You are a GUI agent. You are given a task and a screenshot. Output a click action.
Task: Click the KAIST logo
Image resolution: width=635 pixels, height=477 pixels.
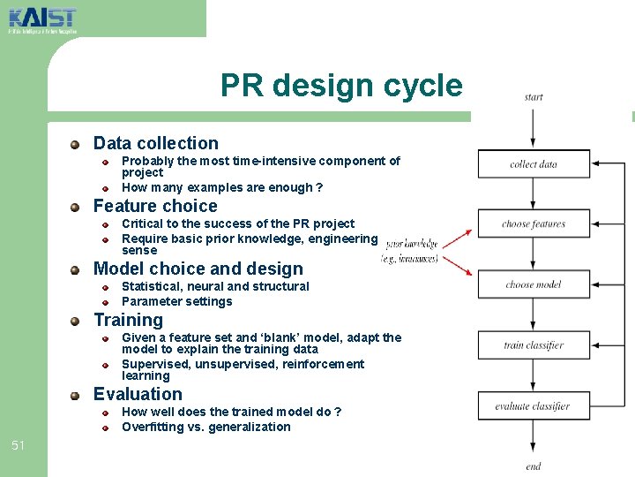pyautogui.click(x=41, y=19)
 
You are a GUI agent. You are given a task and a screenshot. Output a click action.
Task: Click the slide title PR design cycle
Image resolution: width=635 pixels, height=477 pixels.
pyautogui.click(x=341, y=86)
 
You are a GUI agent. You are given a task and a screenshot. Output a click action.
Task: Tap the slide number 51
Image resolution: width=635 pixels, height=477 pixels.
pyautogui.click(x=19, y=445)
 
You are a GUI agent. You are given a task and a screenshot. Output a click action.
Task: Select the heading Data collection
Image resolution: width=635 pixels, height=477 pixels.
pyautogui.click(x=155, y=143)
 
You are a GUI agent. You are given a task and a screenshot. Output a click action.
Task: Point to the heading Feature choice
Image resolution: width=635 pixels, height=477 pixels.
pyautogui.click(x=155, y=206)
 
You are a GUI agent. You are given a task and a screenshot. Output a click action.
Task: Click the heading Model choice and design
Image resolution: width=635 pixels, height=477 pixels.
pyautogui.click(x=198, y=269)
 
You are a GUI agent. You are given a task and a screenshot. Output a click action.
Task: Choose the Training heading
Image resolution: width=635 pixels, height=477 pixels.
pyautogui.click(x=128, y=320)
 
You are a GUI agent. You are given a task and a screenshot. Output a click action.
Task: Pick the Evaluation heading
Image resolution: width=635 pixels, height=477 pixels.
pyautogui.click(x=138, y=394)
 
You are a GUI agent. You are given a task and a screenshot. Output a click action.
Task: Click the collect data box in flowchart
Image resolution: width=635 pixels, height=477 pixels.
pyautogui.click(x=534, y=164)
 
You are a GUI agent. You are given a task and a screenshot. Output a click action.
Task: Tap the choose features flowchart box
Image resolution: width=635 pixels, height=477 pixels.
pyautogui.click(x=534, y=223)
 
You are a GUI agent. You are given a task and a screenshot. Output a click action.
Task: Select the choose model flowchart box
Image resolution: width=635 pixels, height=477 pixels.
pyautogui.click(x=534, y=284)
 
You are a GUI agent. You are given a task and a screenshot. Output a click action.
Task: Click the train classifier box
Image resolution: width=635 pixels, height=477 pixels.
pyautogui.click(x=534, y=345)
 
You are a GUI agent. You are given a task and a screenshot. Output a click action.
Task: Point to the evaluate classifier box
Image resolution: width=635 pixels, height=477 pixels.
pyautogui.click(x=534, y=406)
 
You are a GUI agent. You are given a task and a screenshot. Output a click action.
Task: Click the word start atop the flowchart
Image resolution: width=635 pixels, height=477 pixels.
pyautogui.click(x=534, y=97)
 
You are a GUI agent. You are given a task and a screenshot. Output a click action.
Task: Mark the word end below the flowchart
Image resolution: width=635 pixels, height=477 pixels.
pyautogui.click(x=534, y=466)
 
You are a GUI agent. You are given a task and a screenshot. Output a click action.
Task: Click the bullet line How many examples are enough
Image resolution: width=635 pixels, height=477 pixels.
pyautogui.click(x=221, y=187)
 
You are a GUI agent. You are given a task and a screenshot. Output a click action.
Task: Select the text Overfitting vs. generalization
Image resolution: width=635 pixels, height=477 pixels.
pyautogui.click(x=205, y=427)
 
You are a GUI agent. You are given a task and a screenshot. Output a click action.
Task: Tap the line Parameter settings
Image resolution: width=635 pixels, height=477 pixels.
pyautogui.click(x=176, y=301)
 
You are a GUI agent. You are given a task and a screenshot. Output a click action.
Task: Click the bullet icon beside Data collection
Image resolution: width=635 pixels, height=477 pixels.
pyautogui.click(x=77, y=144)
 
